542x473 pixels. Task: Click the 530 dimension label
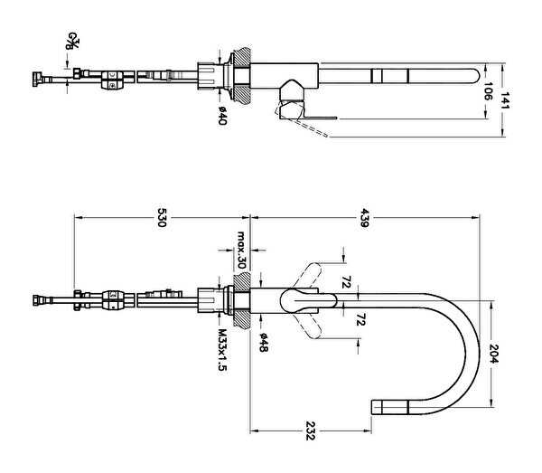pyautogui.click(x=162, y=217)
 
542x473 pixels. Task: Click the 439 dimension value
pyautogui.click(x=364, y=217)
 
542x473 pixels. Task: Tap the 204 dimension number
pyautogui.click(x=493, y=354)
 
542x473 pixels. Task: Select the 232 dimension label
pyautogui.click(x=310, y=430)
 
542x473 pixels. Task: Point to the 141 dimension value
pyautogui.click(x=505, y=100)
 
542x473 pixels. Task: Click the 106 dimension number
pyautogui.click(x=487, y=91)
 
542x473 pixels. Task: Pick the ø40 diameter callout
pyautogui.click(x=222, y=116)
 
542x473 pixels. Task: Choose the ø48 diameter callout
pyautogui.click(x=264, y=343)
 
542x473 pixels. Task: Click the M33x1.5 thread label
pyautogui.click(x=222, y=350)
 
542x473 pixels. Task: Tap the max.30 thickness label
pyautogui.click(x=241, y=250)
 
